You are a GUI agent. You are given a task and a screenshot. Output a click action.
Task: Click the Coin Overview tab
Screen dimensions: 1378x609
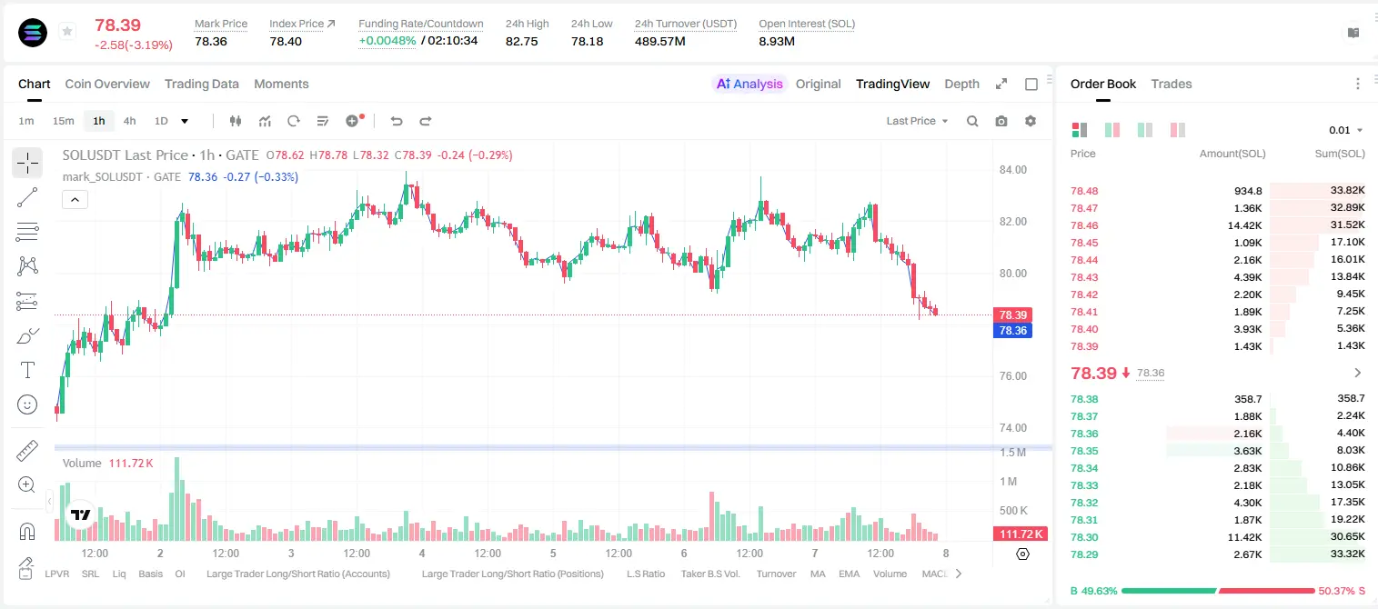(x=107, y=84)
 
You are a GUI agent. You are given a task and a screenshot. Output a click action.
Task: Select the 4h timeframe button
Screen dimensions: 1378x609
(x=129, y=121)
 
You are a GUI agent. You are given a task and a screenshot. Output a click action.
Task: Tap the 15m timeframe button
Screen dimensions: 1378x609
(x=64, y=121)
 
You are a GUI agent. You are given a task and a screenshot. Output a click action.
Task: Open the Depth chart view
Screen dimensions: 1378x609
(x=961, y=84)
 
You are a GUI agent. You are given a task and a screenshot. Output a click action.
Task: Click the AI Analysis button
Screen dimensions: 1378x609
(x=749, y=84)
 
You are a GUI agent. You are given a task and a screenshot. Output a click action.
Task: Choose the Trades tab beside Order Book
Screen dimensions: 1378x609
(x=1172, y=84)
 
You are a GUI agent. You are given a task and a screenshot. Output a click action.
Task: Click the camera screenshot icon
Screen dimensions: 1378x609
(x=1001, y=121)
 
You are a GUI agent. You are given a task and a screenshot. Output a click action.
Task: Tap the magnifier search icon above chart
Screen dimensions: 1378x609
(x=972, y=121)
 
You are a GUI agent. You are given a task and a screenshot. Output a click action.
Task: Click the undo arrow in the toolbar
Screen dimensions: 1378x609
(x=397, y=121)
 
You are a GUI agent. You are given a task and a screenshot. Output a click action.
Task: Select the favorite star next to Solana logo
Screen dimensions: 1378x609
(x=67, y=31)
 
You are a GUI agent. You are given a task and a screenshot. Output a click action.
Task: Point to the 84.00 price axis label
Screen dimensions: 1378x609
(x=1012, y=170)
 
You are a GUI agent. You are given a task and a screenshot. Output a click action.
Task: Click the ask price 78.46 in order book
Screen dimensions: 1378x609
(x=1084, y=225)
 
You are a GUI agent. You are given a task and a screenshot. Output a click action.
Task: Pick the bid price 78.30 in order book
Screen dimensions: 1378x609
(x=1084, y=537)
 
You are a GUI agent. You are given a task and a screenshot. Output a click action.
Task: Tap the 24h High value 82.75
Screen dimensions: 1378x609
(x=522, y=41)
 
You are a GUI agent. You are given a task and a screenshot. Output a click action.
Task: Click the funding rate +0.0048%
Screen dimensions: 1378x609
(x=387, y=41)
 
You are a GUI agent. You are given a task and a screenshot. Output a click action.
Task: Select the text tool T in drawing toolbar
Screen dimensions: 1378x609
(x=27, y=370)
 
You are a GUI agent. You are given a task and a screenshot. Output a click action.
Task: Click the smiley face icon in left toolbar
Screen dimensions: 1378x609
(x=27, y=404)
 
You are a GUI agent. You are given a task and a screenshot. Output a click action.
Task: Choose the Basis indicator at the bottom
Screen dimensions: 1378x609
(x=151, y=574)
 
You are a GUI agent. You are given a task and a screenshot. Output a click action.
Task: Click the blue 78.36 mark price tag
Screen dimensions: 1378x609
(x=1012, y=331)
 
